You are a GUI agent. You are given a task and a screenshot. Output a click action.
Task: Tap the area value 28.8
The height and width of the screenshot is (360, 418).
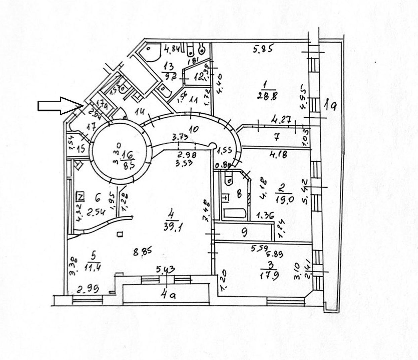[267, 96]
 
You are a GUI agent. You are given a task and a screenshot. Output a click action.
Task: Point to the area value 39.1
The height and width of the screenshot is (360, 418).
[172, 227]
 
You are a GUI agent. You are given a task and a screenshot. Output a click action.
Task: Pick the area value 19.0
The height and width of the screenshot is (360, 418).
[284, 200]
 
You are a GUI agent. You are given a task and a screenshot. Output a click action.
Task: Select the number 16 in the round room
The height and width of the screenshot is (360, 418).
[128, 155]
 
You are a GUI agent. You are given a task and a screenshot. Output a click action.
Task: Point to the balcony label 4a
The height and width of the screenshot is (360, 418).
[167, 295]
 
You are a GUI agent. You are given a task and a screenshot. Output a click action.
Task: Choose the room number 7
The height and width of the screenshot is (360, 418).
[276, 136]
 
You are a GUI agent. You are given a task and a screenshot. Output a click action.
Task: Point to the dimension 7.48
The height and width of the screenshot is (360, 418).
[207, 211]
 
